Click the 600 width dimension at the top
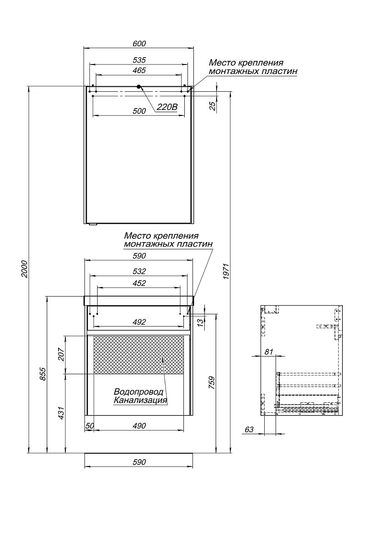pyautogui.click(x=139, y=44)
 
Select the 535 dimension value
pyautogui.click(x=139, y=60)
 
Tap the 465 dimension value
pyautogui.click(x=139, y=70)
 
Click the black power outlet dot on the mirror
pyautogui.click(x=139, y=86)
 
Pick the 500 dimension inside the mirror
pyautogui.click(x=139, y=111)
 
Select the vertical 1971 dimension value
pyautogui.click(x=226, y=271)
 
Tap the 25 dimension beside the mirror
pyautogui.click(x=212, y=106)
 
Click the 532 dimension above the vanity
pyautogui.click(x=139, y=271)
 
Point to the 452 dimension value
pyautogui.click(x=139, y=283)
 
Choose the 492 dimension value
pyautogui.click(x=139, y=322)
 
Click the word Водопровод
pyautogui.click(x=138, y=391)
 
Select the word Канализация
pyautogui.click(x=140, y=400)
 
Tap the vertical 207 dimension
pyautogui.click(x=61, y=355)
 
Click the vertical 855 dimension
pyautogui.click(x=43, y=374)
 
